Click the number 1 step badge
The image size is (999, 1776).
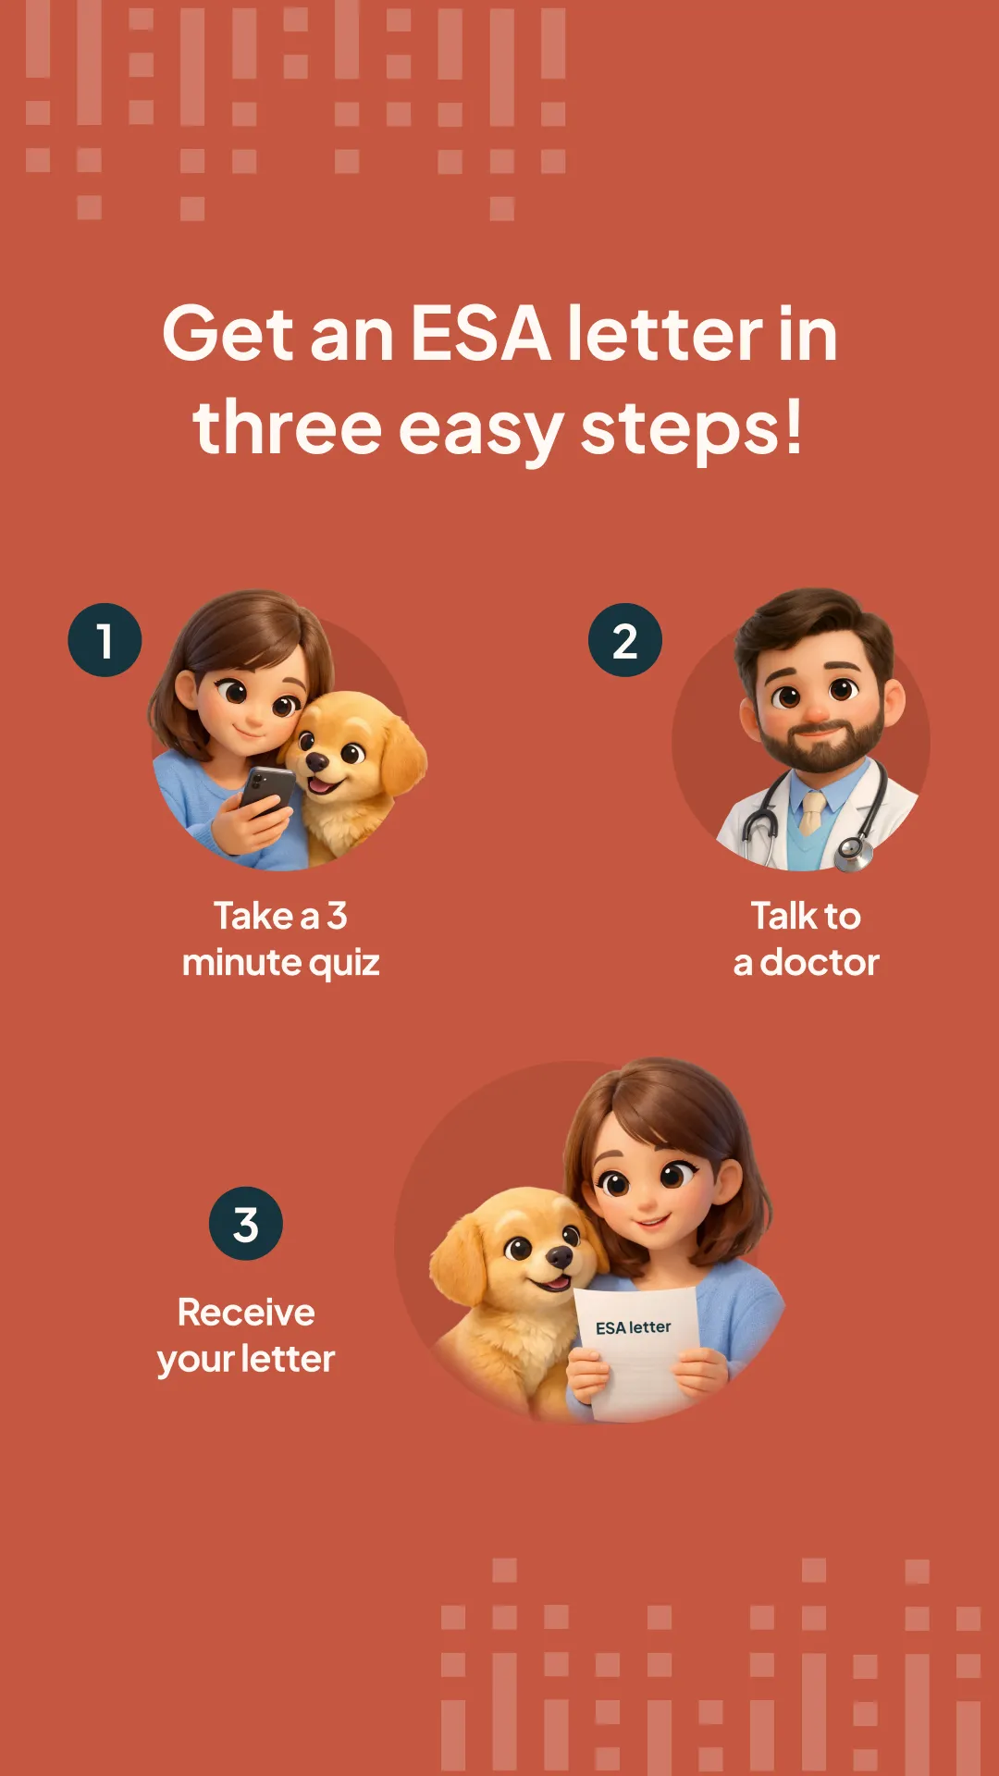105,640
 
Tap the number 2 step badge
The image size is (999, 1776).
625,640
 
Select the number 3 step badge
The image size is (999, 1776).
246,1224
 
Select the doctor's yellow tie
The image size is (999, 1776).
811,812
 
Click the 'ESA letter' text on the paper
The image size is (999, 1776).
634,1327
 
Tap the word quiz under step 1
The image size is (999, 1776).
344,964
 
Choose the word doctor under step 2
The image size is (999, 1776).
820,962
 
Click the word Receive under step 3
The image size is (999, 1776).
246,1313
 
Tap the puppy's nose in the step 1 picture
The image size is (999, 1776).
317,761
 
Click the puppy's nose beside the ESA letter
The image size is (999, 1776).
560,1256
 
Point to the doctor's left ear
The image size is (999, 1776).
894,703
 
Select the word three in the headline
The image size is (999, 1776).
288,427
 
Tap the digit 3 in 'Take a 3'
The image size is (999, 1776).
337,916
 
